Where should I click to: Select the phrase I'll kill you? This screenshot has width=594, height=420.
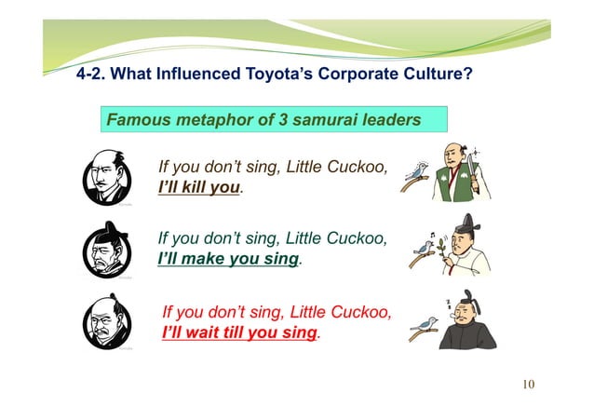[199, 188]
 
